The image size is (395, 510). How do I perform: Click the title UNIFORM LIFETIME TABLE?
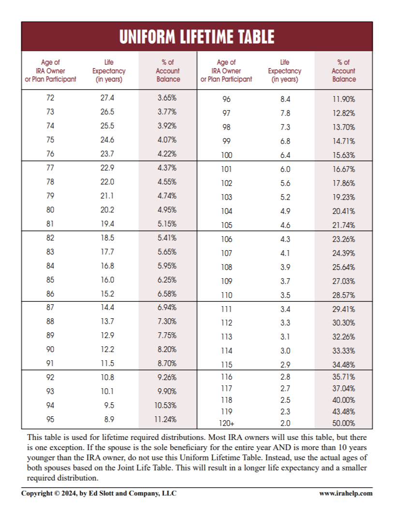click(x=197, y=37)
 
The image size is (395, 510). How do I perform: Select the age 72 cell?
click(x=50, y=98)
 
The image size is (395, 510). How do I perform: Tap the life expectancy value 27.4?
click(x=107, y=98)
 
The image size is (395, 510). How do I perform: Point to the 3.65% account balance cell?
click(x=167, y=98)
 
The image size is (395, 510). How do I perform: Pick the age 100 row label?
click(x=226, y=156)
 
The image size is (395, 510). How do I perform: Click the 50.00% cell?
click(x=344, y=424)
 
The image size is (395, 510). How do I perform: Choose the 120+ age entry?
click(x=226, y=424)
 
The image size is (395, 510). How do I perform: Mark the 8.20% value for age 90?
click(x=167, y=350)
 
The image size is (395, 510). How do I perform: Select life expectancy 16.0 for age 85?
click(x=107, y=280)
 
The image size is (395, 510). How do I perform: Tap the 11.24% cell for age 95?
click(x=165, y=419)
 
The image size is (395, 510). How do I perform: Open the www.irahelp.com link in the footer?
click(x=346, y=493)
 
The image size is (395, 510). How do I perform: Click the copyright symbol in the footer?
click(x=56, y=493)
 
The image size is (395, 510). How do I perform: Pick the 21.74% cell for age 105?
click(x=344, y=225)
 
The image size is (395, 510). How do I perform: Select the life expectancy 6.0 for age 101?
click(x=285, y=170)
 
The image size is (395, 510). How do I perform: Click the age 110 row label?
click(x=226, y=295)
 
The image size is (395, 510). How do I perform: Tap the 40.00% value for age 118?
click(x=344, y=400)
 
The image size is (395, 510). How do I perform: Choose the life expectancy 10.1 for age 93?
click(x=107, y=391)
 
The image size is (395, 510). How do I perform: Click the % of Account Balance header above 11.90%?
click(x=344, y=71)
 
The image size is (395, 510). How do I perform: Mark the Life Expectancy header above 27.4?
click(x=109, y=71)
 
